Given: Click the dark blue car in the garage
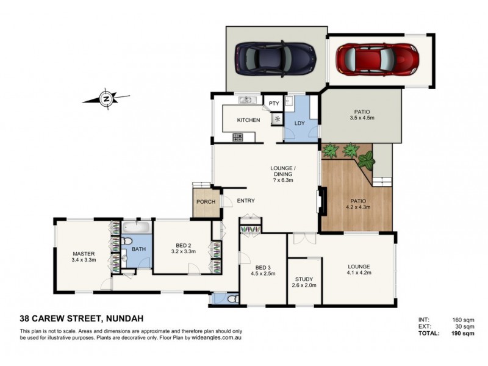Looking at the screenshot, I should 274,57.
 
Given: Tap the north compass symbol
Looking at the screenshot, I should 106,98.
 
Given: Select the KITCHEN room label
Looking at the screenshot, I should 248,120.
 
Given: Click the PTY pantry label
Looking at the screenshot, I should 273,103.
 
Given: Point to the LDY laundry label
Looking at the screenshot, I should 300,123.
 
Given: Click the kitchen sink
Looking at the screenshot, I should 246,100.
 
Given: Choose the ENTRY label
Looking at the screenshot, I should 246,201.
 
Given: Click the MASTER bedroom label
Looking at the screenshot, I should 82,254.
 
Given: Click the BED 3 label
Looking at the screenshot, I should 263,267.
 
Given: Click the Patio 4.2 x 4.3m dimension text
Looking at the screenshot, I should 358,207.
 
